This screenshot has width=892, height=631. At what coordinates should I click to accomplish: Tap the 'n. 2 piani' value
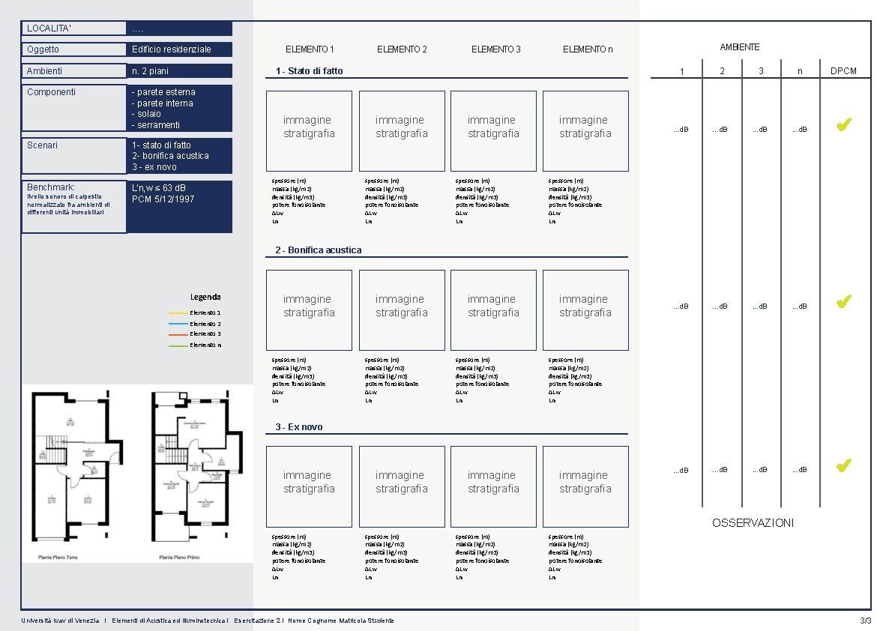[x=150, y=71]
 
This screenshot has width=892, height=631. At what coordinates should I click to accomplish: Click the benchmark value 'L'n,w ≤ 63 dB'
[x=159, y=187]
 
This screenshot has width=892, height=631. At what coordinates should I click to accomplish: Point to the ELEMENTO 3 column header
[x=495, y=49]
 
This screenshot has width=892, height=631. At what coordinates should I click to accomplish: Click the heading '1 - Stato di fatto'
[x=309, y=71]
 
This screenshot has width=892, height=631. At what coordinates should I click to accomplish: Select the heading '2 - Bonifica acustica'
[x=319, y=250]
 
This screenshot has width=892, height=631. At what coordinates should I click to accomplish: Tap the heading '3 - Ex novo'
[x=299, y=427]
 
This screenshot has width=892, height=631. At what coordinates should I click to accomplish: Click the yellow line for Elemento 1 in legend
[x=178, y=313]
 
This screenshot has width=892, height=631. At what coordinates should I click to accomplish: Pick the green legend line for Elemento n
[x=178, y=345]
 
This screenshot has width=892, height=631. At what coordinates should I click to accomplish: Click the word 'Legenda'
[x=205, y=297]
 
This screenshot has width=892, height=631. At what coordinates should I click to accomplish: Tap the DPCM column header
[x=843, y=72]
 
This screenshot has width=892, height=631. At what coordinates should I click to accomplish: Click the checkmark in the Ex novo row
[x=843, y=466]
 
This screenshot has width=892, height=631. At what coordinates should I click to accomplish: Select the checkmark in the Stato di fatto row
[x=843, y=126]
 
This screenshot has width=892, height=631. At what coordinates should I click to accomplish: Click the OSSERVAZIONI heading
[x=753, y=523]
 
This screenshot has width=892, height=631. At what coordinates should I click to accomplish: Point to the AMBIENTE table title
[x=740, y=47]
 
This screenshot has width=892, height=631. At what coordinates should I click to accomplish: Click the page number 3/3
[x=866, y=621]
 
